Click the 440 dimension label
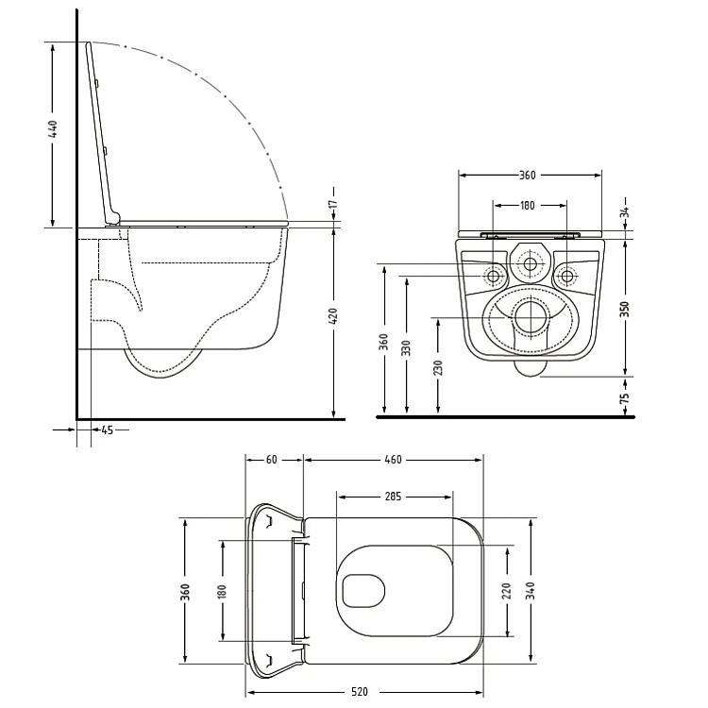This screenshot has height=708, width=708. click(53, 129)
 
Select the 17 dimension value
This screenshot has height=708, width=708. click(333, 204)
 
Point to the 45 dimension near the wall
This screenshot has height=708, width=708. click(107, 430)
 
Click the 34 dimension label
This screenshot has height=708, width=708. click(625, 212)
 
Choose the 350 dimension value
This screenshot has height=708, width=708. click(625, 309)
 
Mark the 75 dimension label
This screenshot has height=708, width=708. click(625, 398)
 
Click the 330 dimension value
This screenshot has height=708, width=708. click(407, 347)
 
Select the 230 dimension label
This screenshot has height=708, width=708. click(438, 367)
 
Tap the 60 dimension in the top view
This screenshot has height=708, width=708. click(271, 460)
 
